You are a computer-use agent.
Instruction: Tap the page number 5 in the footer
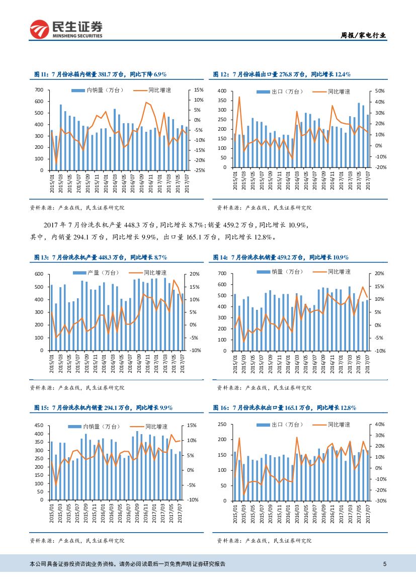pos(385,564)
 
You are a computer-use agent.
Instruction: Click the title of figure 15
pos(103,407)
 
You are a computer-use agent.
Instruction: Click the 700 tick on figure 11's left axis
pos(39,90)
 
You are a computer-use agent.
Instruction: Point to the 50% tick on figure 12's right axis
pos(380,91)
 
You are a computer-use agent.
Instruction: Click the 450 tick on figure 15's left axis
pos(39,426)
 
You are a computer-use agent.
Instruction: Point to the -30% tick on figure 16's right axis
pos(380,501)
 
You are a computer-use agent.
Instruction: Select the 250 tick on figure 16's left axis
pos(222,425)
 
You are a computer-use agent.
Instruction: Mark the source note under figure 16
pos(265,540)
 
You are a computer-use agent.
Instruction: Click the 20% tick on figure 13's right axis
pos(195,274)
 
